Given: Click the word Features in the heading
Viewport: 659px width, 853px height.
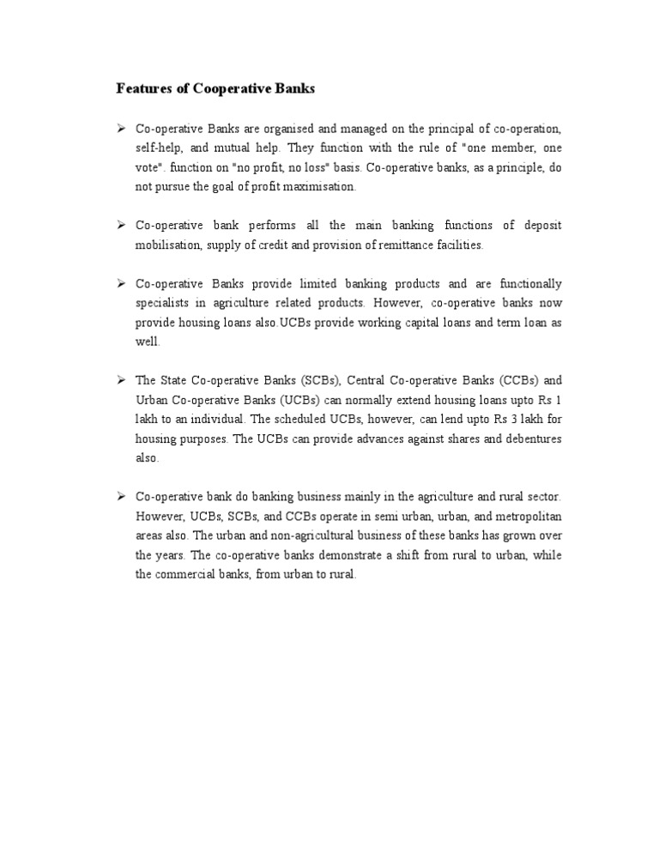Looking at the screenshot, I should point(142,88).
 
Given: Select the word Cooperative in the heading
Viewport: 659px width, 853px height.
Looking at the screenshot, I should point(221,88).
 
